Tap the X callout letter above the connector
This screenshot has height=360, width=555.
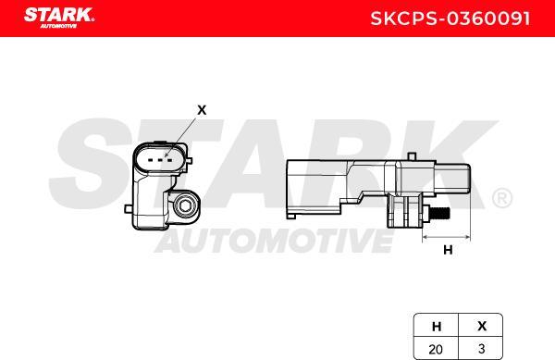202,110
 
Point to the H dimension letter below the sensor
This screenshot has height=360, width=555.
448,249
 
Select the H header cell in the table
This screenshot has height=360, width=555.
437,326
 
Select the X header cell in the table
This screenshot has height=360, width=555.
481,326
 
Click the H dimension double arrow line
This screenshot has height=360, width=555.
448,237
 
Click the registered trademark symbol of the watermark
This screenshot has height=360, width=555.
500,198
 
